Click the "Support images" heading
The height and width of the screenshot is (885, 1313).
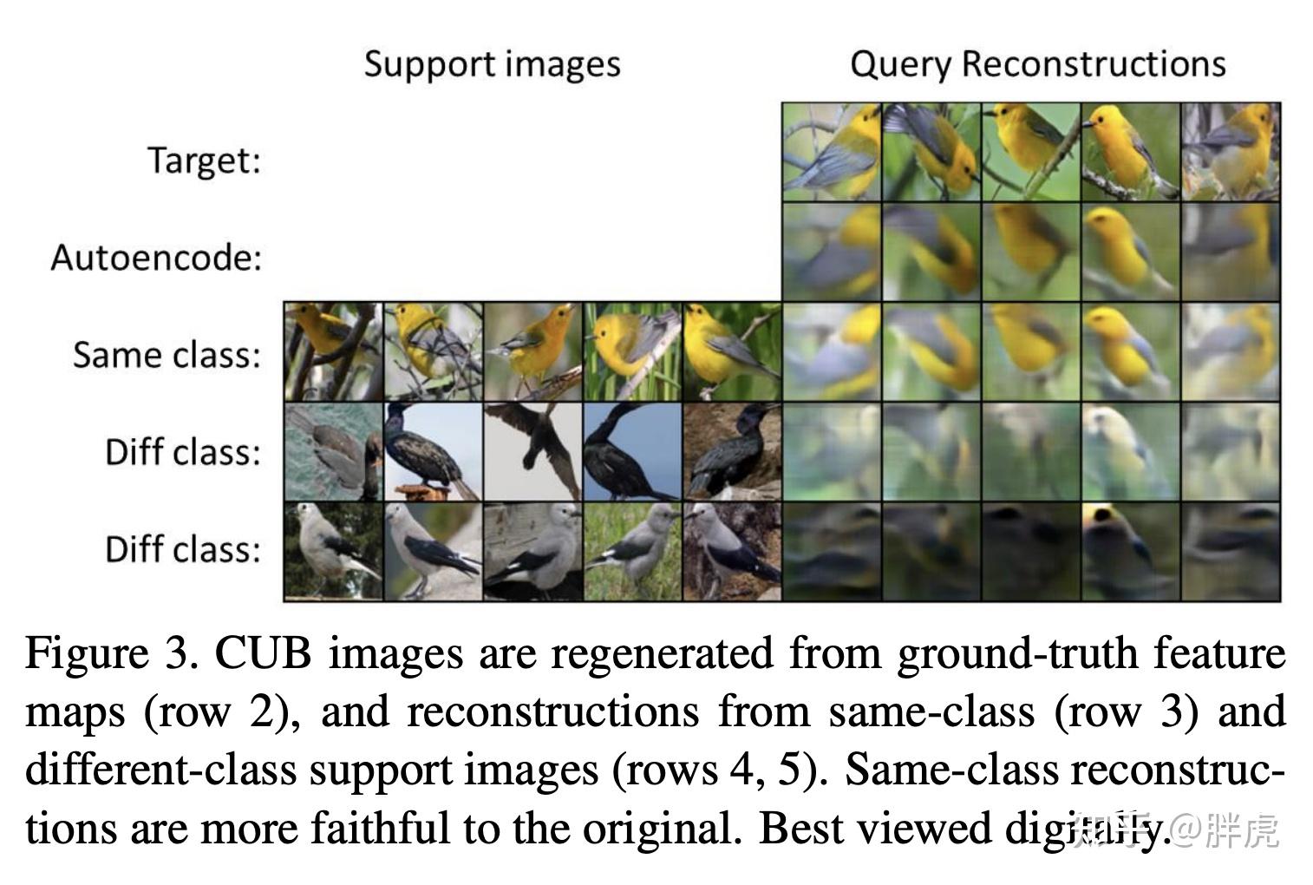click(492, 64)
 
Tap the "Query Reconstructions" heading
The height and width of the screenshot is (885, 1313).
click(1037, 64)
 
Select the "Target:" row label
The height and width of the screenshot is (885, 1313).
click(204, 161)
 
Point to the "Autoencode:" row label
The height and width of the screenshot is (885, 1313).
click(156, 258)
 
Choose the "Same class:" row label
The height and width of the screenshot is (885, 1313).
click(167, 355)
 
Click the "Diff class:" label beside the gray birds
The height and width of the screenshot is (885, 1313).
click(183, 549)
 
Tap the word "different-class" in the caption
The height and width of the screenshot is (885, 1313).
click(157, 770)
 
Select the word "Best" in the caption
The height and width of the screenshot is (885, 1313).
click(800, 829)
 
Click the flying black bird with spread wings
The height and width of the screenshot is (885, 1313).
click(532, 451)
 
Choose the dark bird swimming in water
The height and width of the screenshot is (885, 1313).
click(332, 451)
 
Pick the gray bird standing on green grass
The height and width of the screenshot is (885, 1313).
click(632, 550)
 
